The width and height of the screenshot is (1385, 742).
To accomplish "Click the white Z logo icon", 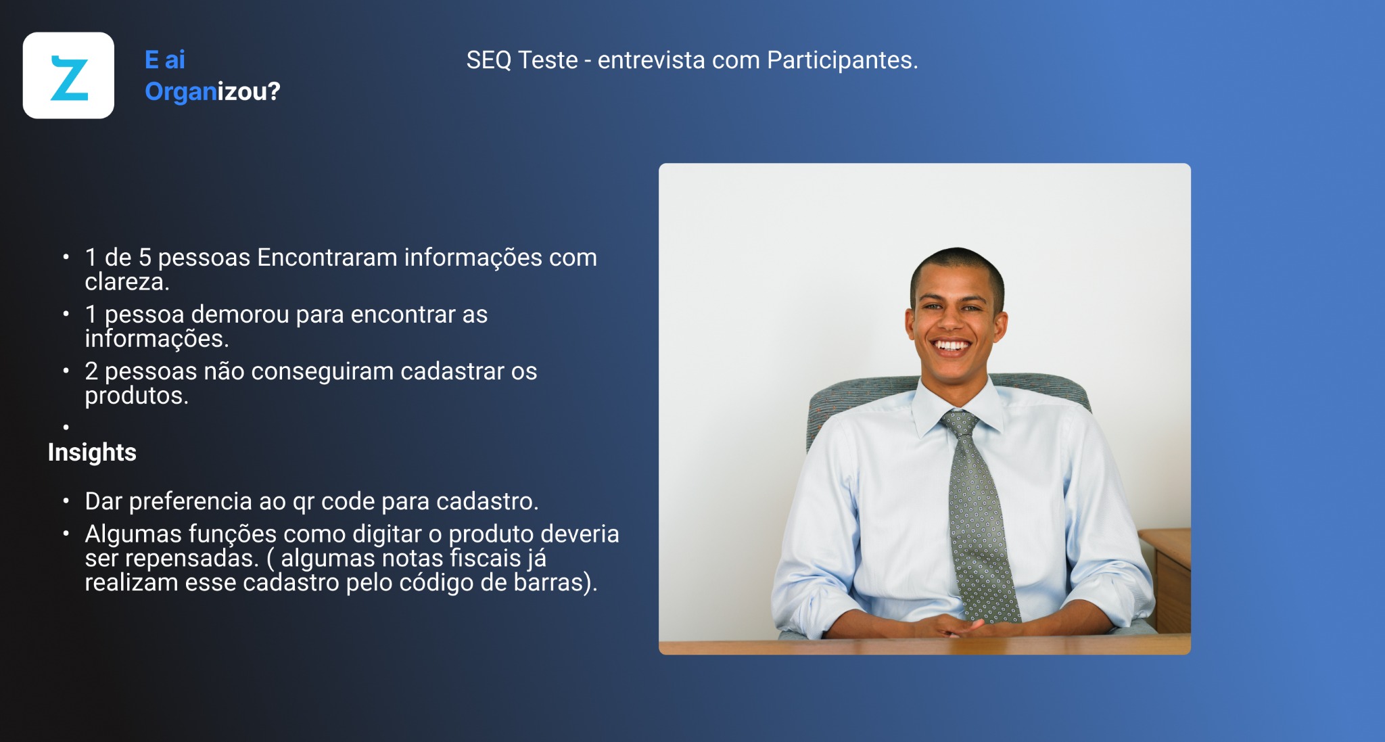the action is [x=68, y=76].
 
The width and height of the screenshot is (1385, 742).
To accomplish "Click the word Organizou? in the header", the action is [x=212, y=92].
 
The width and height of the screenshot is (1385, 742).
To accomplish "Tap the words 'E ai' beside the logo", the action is [x=165, y=60].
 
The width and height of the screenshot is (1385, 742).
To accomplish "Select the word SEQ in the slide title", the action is [x=489, y=61].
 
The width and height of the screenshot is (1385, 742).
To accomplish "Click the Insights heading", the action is [x=92, y=452].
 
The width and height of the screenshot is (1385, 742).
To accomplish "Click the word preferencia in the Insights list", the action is [x=191, y=502].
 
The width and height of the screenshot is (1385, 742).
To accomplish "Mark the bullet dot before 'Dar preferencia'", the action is [x=66, y=501].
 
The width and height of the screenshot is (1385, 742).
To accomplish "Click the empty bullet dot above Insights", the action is [x=66, y=427].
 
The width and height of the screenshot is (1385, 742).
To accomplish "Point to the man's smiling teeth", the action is [x=952, y=346].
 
